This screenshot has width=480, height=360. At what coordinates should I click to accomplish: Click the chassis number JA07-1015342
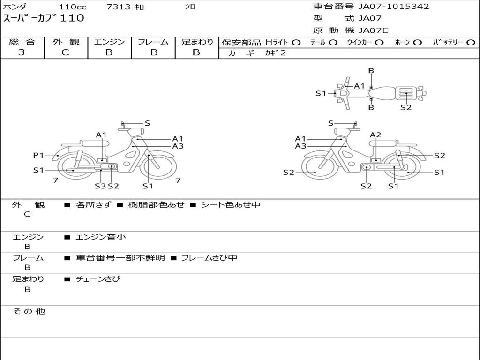[x=394, y=7]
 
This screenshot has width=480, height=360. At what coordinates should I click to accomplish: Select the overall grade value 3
[x=22, y=52]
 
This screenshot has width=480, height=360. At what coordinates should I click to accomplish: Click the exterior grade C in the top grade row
[x=65, y=52]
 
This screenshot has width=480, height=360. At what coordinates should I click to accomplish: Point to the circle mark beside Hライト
[x=296, y=43]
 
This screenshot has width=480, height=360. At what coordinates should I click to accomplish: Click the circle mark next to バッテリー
[x=471, y=43]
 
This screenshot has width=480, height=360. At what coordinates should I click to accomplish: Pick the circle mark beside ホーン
[x=417, y=43]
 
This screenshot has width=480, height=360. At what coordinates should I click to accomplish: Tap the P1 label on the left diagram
[x=38, y=155]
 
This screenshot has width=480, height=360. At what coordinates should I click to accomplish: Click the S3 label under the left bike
[x=100, y=186]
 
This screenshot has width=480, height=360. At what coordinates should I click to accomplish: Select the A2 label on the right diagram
[x=375, y=135]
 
